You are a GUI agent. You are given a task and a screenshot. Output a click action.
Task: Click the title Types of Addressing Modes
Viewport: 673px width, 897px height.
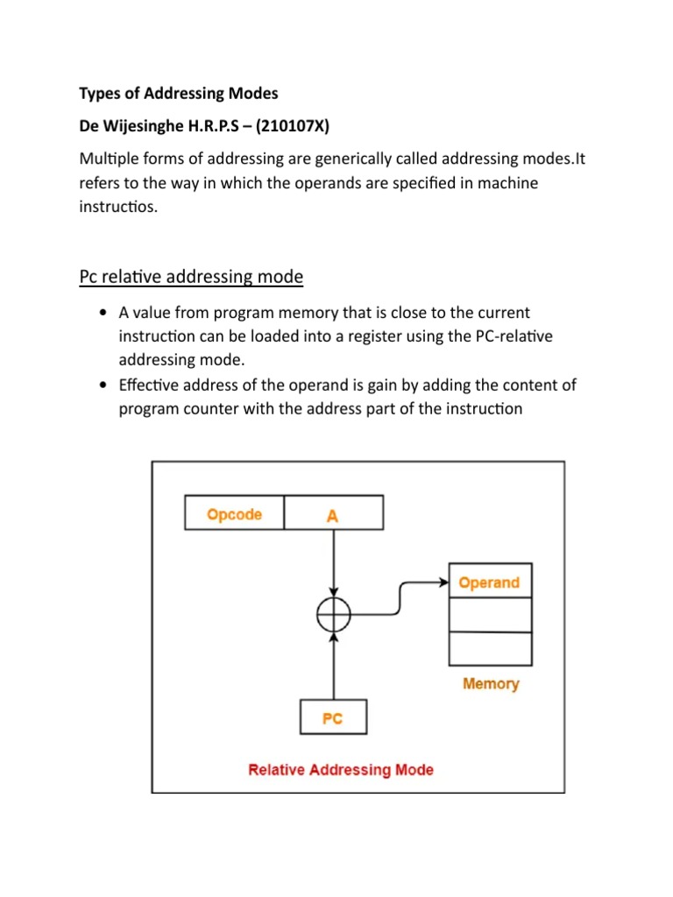coord(178,93)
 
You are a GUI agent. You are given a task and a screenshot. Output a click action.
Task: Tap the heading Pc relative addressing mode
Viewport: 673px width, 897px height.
coord(191,277)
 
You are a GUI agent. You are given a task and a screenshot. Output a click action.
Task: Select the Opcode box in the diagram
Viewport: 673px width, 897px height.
coord(234,514)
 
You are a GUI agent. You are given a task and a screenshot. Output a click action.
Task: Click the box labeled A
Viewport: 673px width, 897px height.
coord(332,514)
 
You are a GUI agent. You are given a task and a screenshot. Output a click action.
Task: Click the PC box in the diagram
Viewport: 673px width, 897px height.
coord(333,718)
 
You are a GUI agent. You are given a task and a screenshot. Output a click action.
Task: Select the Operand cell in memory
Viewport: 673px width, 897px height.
coord(489,583)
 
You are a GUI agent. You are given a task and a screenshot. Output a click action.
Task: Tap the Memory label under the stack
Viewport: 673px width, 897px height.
coord(491,683)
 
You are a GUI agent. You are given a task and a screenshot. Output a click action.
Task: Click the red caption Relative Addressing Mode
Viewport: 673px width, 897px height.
coord(341,770)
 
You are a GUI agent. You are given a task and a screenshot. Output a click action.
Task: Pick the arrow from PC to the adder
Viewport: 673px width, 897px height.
coord(333,666)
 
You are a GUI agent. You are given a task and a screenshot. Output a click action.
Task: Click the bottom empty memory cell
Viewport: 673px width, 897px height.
coord(489,648)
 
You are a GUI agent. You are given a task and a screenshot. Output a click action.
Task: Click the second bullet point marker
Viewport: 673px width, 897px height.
coord(104,385)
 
